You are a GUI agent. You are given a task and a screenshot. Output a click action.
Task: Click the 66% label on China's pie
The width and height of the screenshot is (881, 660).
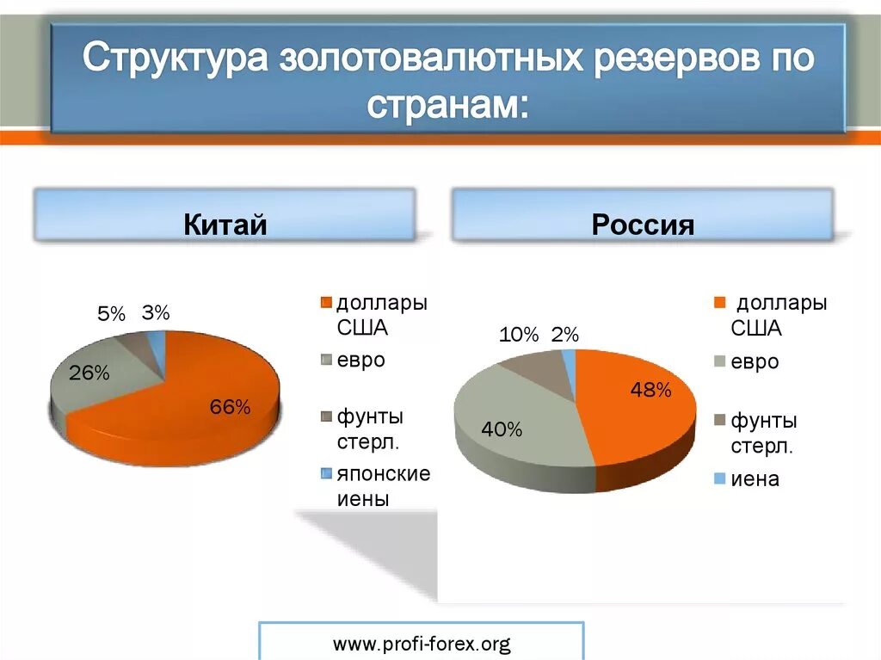(x=230, y=407)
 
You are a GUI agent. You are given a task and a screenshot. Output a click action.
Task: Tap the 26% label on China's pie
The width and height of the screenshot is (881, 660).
(x=89, y=373)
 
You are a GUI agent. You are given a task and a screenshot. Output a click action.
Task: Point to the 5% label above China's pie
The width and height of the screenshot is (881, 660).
(x=111, y=314)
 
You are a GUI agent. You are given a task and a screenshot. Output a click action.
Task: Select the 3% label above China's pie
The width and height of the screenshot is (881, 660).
(x=156, y=313)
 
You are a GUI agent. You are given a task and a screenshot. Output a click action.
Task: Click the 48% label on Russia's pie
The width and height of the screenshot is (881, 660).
(x=650, y=391)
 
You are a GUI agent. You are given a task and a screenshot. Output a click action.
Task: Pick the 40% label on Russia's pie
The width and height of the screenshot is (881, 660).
(x=502, y=429)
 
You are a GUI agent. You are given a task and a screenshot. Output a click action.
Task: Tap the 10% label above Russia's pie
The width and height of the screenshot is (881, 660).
(x=518, y=335)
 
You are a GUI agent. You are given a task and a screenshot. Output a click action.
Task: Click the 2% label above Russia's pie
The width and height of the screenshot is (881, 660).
(x=565, y=335)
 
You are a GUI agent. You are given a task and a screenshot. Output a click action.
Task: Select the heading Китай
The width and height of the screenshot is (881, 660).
(x=225, y=225)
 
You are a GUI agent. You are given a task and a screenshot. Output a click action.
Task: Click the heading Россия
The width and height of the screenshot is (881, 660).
(x=643, y=225)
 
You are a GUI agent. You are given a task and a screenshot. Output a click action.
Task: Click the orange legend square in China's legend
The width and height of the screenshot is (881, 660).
(x=325, y=303)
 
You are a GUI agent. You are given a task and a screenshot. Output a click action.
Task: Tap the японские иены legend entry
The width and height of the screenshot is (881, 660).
(x=382, y=486)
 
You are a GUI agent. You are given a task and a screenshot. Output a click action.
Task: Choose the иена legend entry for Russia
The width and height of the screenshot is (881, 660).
(x=755, y=479)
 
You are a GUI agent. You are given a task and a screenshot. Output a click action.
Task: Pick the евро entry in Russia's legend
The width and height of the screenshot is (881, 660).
(x=755, y=361)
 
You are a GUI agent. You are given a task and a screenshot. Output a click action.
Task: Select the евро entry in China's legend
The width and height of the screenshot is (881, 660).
(x=360, y=360)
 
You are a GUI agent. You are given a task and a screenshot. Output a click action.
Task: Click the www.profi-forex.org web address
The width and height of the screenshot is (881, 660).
(x=422, y=643)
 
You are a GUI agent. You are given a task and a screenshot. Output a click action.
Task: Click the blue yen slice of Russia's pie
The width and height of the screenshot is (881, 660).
(x=569, y=370)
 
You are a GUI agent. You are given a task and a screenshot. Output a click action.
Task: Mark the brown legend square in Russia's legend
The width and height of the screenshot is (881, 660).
(x=720, y=421)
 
